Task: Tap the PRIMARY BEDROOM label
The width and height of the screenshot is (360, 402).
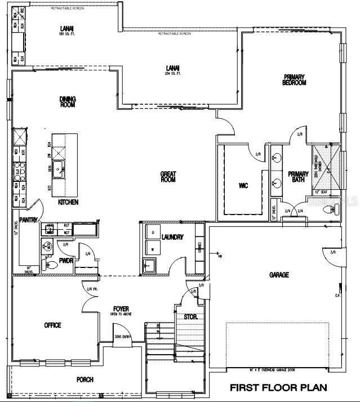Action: click(294, 80)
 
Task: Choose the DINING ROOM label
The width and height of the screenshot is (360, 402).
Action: click(68, 101)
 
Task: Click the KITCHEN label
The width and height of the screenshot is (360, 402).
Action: click(68, 202)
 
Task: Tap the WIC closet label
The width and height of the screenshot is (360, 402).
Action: click(243, 185)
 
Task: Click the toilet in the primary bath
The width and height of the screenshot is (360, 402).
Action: click(328, 209)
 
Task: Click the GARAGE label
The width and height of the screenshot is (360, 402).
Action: click(279, 275)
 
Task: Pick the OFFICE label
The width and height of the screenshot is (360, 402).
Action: click(52, 325)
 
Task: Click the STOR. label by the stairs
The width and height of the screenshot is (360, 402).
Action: click(190, 316)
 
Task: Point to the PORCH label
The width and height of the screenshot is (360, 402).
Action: click(85, 379)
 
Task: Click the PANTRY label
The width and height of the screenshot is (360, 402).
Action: click(28, 220)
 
